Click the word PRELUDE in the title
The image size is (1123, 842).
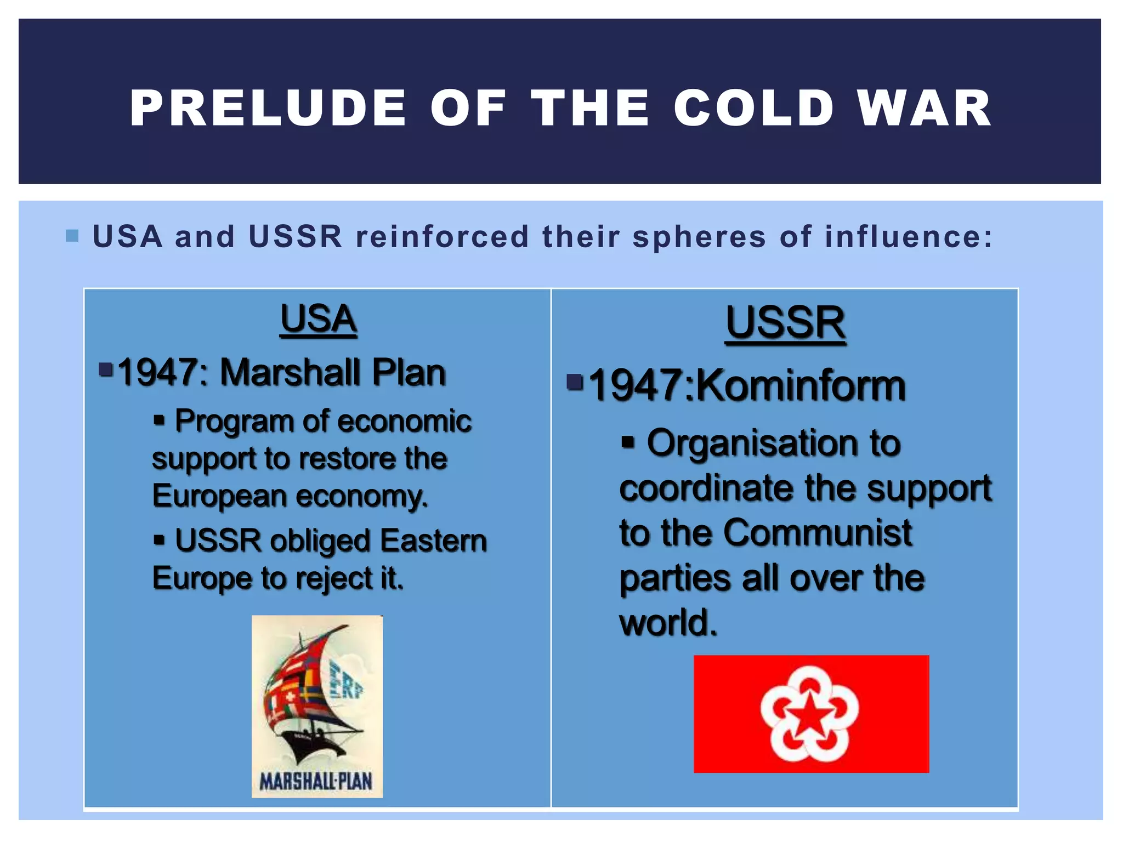pyautogui.click(x=268, y=108)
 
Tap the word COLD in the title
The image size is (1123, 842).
pyautogui.click(x=754, y=108)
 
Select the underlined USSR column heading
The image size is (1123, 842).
pyautogui.click(x=785, y=323)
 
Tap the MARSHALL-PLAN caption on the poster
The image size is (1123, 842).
pyautogui.click(x=316, y=781)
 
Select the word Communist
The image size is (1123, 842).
pyautogui.click(x=817, y=533)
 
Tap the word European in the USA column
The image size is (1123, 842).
pyautogui.click(x=219, y=497)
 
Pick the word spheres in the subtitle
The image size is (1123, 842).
pyautogui.click(x=699, y=237)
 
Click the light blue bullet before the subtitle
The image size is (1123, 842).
pyautogui.click(x=72, y=236)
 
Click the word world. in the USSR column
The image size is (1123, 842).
pyautogui.click(x=668, y=623)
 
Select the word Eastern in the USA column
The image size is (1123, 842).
pyautogui.click(x=433, y=541)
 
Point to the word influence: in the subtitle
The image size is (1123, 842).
pyautogui.click(x=909, y=237)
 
